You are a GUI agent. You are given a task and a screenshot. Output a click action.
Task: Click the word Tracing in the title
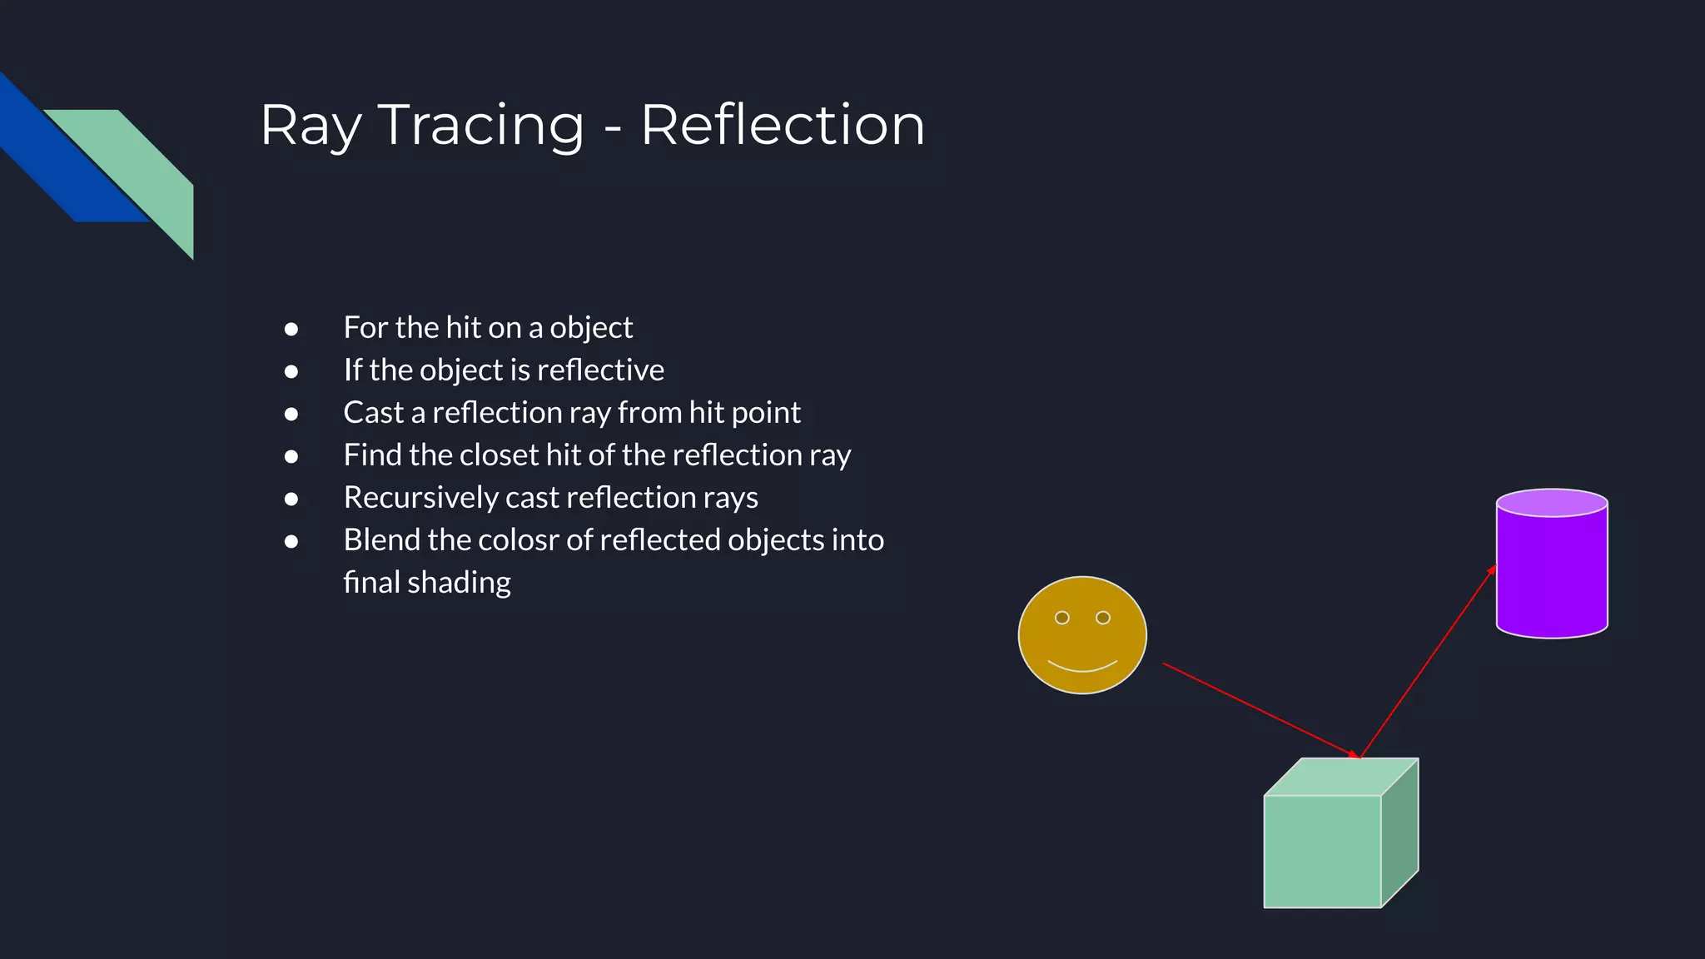pyautogui.click(x=481, y=127)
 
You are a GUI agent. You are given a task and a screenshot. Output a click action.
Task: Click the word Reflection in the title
pyautogui.click(x=783, y=127)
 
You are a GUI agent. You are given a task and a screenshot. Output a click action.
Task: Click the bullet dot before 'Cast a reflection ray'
pyautogui.click(x=291, y=414)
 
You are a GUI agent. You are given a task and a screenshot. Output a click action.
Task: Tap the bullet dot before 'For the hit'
pyautogui.click(x=291, y=329)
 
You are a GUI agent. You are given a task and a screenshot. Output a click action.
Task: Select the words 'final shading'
pyautogui.click(x=427, y=583)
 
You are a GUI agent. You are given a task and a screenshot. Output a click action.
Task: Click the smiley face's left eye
pyautogui.click(x=1062, y=618)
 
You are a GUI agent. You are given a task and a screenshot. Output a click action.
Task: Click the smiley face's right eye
pyautogui.click(x=1103, y=618)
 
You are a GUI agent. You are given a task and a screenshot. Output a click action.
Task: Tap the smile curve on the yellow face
pyautogui.click(x=1082, y=668)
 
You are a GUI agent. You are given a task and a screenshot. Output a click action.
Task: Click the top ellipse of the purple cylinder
pyautogui.click(x=1552, y=503)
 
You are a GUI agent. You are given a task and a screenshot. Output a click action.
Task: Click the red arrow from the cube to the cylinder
pyautogui.click(x=1428, y=662)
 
